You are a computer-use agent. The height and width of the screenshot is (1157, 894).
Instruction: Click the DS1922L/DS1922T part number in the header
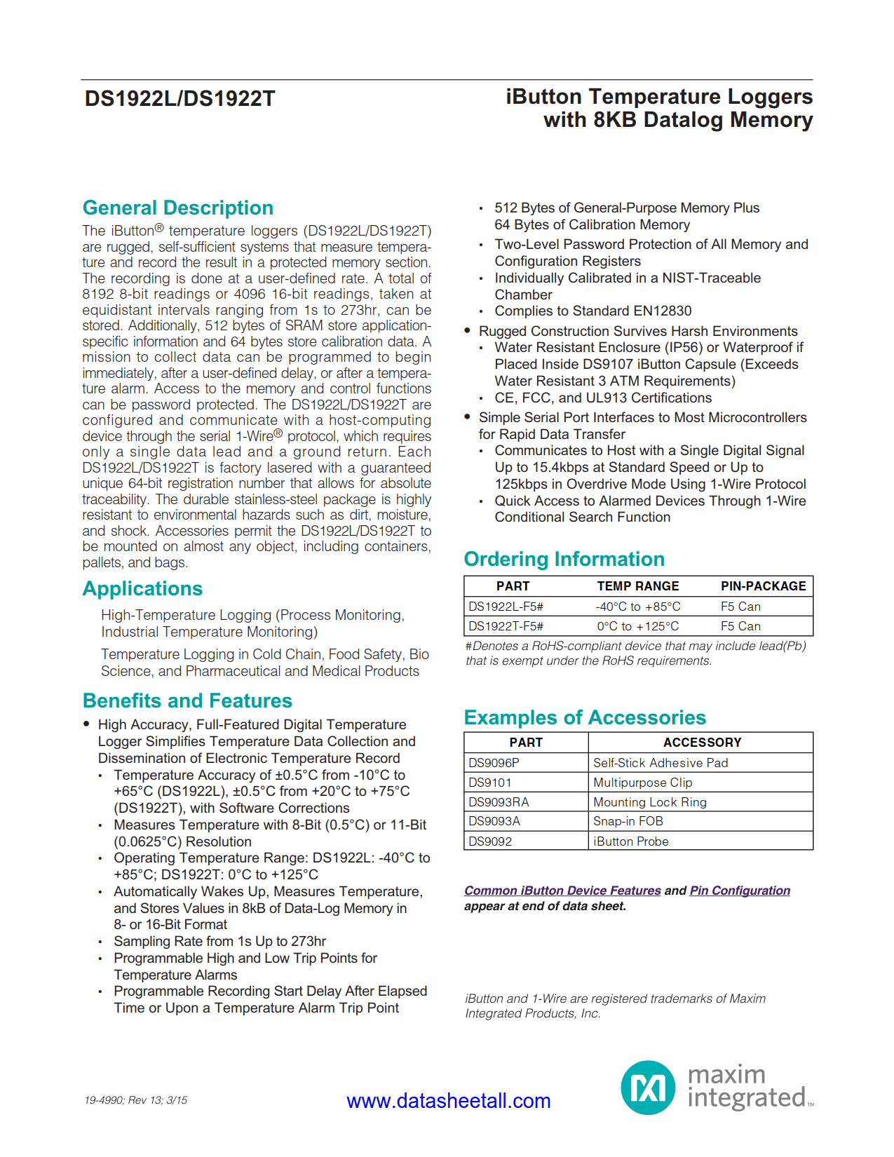[x=180, y=99]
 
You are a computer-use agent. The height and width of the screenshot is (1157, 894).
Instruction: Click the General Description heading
[x=177, y=208]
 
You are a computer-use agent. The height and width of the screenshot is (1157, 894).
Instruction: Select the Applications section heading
[x=142, y=589]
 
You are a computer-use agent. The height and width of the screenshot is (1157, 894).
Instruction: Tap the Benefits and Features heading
[x=187, y=701]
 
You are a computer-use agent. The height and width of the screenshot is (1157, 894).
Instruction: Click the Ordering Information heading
[x=564, y=560]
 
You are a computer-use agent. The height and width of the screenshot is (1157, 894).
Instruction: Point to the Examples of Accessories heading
[x=585, y=718]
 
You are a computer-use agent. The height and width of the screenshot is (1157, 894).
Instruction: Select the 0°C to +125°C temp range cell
[x=637, y=626]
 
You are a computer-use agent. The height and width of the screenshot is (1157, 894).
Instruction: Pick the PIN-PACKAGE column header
[x=763, y=586]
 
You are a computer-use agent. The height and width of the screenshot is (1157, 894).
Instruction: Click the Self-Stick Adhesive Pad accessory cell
[x=660, y=763]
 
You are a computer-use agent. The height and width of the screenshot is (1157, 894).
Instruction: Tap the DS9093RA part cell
[x=499, y=802]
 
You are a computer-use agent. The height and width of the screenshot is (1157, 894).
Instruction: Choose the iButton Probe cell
[x=630, y=841]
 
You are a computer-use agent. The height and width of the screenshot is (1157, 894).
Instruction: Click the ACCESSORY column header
[x=702, y=743]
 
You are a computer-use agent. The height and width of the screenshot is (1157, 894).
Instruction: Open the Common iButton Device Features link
[x=562, y=891]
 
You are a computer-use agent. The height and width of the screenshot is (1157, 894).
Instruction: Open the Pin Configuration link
[x=740, y=891]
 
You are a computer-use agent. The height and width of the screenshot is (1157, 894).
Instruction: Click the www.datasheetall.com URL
[x=449, y=1101]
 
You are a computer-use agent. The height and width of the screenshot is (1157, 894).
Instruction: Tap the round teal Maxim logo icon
[x=648, y=1088]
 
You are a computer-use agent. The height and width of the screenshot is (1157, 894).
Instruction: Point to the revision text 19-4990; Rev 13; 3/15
[x=136, y=1100]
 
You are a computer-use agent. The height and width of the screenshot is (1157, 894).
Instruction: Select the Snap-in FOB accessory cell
[x=628, y=821]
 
